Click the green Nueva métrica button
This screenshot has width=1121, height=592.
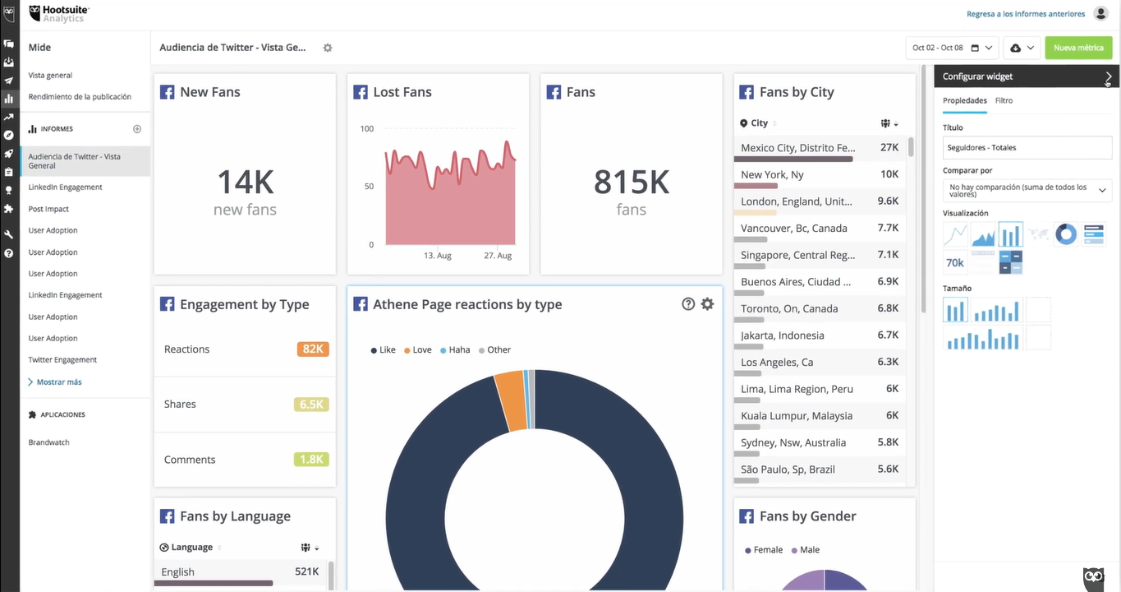coord(1077,48)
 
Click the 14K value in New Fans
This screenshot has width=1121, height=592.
coord(245,182)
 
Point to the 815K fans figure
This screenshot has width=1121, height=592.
coord(631,182)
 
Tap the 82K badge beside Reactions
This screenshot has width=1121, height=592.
coord(313,349)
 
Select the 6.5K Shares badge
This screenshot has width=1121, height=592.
coord(311,405)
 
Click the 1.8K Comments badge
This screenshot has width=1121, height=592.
coord(311,460)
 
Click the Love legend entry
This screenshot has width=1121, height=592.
coord(421,350)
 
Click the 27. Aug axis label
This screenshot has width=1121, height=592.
coord(498,256)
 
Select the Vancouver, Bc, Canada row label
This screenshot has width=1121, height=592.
coord(793,229)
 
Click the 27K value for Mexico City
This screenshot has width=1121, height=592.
coord(889,148)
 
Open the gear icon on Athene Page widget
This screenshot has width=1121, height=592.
coord(707,304)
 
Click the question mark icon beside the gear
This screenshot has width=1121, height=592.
coord(688,304)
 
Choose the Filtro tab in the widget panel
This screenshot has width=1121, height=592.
coord(1004,100)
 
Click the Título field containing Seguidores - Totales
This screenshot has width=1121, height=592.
coord(1027,148)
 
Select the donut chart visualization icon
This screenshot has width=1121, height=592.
coord(1065,234)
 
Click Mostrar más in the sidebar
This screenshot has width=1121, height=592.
coord(58,382)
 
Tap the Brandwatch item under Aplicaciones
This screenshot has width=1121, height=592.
coord(48,442)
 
